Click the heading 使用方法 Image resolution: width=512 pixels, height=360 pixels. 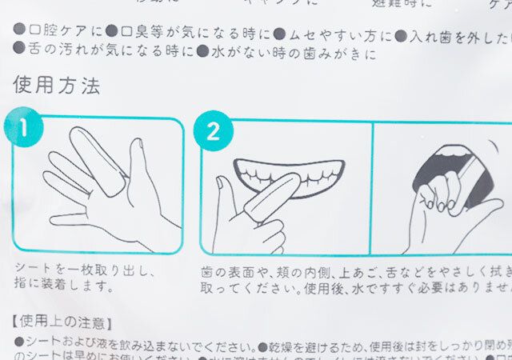pyautogui.click(x=56, y=86)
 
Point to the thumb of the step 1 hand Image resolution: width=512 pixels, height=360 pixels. pyautogui.click(x=138, y=164)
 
